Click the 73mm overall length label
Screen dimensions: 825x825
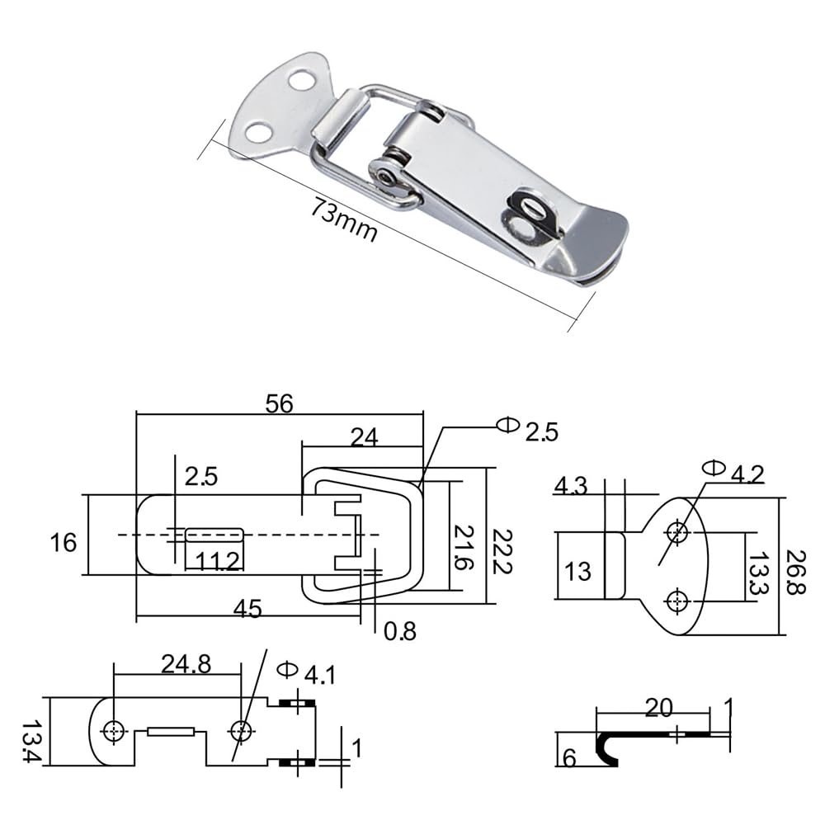(344, 220)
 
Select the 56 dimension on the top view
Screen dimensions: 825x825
(279, 403)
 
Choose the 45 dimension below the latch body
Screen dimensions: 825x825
(247, 609)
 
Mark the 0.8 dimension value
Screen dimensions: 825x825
(399, 632)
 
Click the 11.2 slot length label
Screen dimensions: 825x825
(214, 561)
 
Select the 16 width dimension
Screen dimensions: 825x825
(64, 542)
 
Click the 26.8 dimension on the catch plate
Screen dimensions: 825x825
(795, 566)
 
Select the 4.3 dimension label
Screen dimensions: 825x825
(571, 486)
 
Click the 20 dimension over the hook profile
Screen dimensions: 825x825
(660, 707)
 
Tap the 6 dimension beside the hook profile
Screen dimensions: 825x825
(571, 757)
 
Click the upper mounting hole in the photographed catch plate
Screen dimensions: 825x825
(302, 80)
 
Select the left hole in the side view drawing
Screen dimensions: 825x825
(113, 730)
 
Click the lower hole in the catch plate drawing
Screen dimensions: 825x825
(678, 601)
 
